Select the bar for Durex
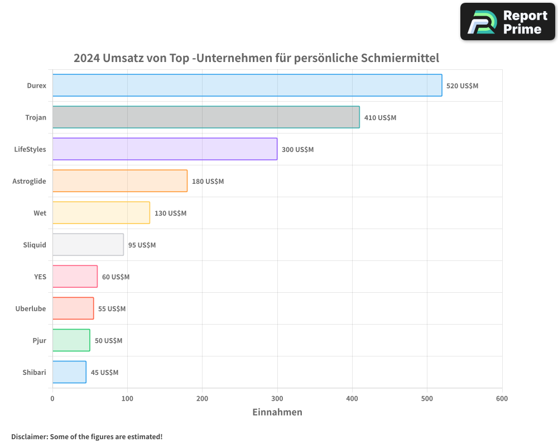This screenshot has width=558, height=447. point(247,85)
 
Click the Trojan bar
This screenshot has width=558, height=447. point(206,117)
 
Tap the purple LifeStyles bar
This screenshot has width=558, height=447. point(165,149)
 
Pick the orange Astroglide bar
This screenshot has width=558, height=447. point(120,181)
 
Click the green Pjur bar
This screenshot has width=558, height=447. point(71,340)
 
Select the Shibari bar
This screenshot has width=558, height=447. point(69,372)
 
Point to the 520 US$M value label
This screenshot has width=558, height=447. point(462,86)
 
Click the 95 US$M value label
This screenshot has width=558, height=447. point(142,245)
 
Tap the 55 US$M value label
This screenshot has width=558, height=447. point(112,309)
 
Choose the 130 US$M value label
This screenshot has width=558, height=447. point(170,213)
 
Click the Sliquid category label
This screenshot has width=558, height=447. point(35,245)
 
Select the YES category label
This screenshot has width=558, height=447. point(40,277)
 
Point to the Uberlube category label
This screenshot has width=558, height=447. point(31,308)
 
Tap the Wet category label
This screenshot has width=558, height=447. point(40,213)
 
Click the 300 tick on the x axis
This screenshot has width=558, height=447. point(277,398)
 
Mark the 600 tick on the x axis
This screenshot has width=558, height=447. point(502,398)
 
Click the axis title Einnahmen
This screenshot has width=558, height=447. point(277,412)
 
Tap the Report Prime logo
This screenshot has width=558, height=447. point(508,22)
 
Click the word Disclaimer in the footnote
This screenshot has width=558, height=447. point(28,436)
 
